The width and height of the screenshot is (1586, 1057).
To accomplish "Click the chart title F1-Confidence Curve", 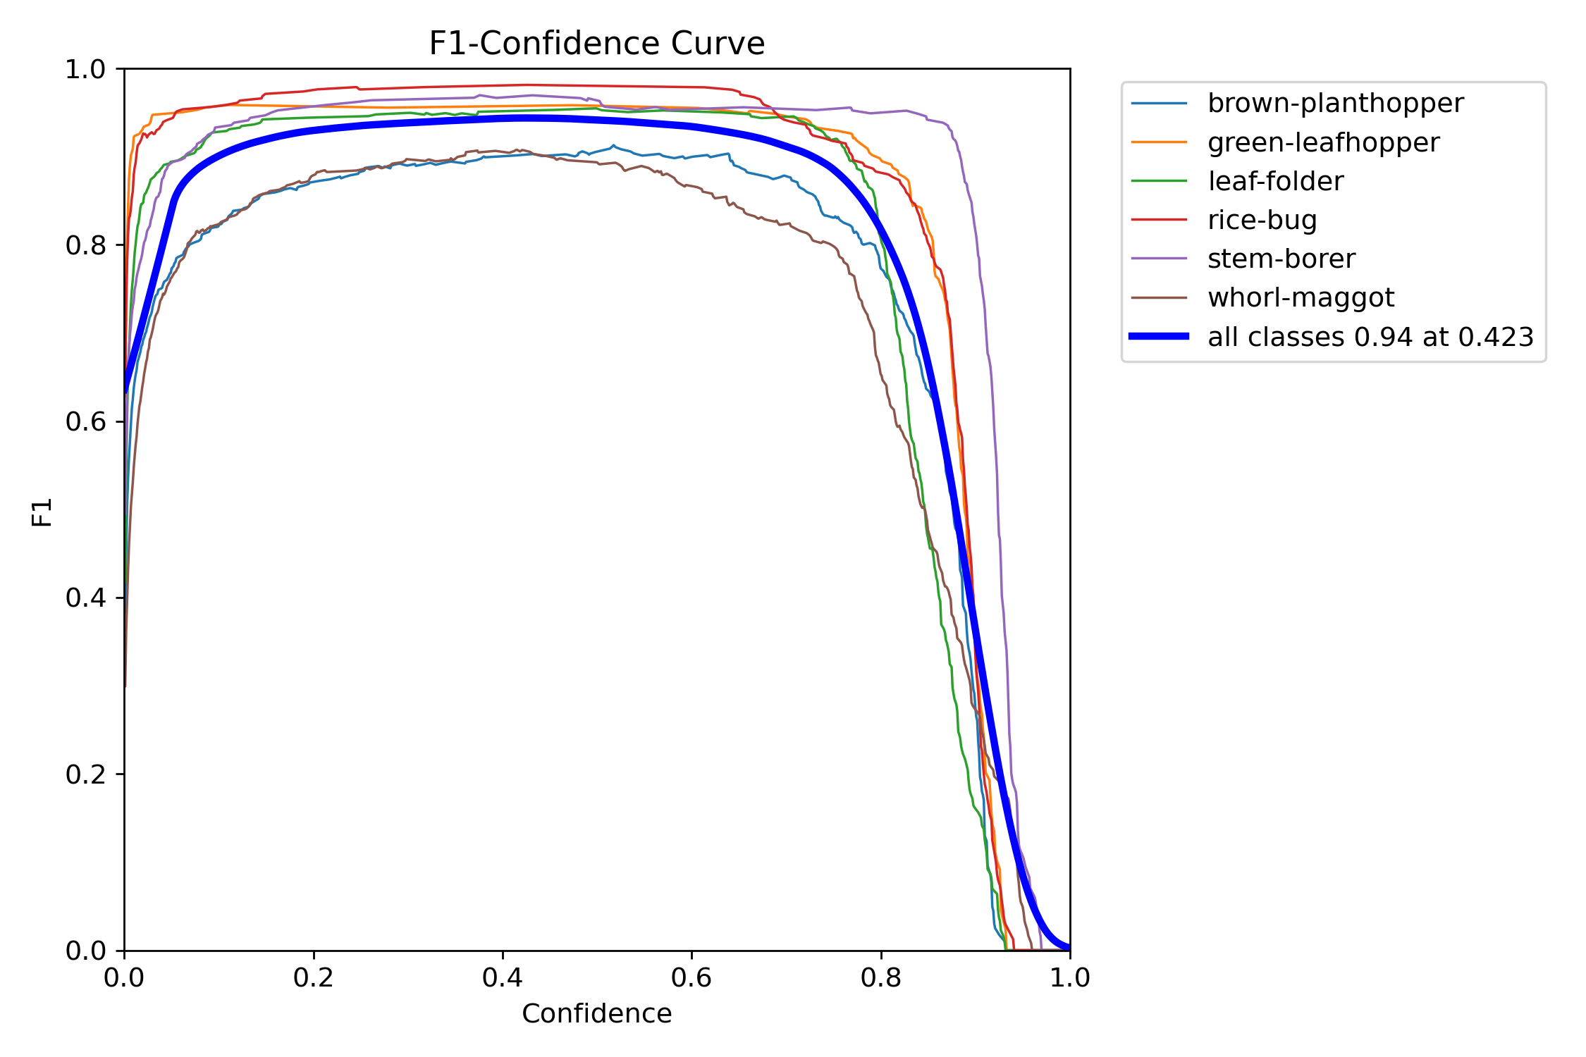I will pos(596,44).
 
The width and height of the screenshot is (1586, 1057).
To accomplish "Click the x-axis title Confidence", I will pos(596,1013).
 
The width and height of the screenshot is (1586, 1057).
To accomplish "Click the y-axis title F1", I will pos(42,512).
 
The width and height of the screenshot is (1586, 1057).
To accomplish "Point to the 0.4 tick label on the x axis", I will pos(502,978).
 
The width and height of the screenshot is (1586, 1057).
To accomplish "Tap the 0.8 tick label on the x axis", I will pos(880,978).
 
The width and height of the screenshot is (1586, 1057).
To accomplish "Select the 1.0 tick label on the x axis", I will pos(1069,978).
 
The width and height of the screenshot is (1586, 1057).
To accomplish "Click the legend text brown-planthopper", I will pos(1335,104).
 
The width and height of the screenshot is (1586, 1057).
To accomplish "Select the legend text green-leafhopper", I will pos(1323,143).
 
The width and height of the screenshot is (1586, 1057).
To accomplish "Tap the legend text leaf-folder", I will pos(1275,182).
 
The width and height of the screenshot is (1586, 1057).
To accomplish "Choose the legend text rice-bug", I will pos(1262,221).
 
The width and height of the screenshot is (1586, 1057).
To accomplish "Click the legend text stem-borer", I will pos(1281,259).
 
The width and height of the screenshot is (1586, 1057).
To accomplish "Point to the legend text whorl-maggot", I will pos(1301,298).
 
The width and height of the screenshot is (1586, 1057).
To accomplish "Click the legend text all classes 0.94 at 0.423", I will pos(1370,338).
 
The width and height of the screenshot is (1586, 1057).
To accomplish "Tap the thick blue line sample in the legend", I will pos(1159,337).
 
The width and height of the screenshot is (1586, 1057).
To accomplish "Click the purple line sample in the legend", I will pos(1159,259).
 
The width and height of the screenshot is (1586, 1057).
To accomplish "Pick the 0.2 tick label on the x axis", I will pos(313,978).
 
